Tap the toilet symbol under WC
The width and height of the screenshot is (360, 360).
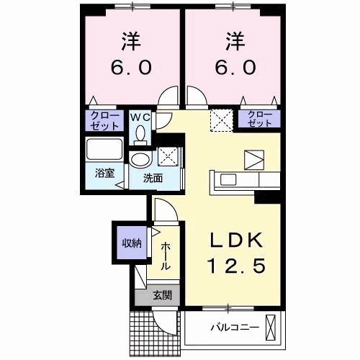tap(140, 133)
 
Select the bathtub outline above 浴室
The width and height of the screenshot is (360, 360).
tap(105, 151)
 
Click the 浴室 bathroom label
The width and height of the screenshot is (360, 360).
tap(105, 173)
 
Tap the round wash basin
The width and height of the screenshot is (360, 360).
tap(140, 159)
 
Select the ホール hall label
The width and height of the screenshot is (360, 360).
tap(165, 256)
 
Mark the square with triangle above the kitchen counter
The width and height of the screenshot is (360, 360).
tap(254, 159)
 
